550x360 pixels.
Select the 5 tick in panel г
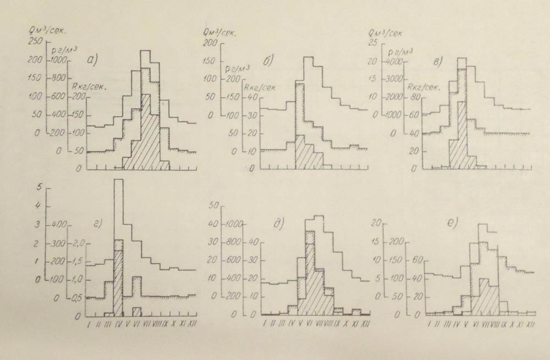tap(38, 187)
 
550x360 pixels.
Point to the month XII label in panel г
tap(192, 326)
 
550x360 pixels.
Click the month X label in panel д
tap(345, 325)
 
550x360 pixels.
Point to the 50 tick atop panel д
tap(214, 206)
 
